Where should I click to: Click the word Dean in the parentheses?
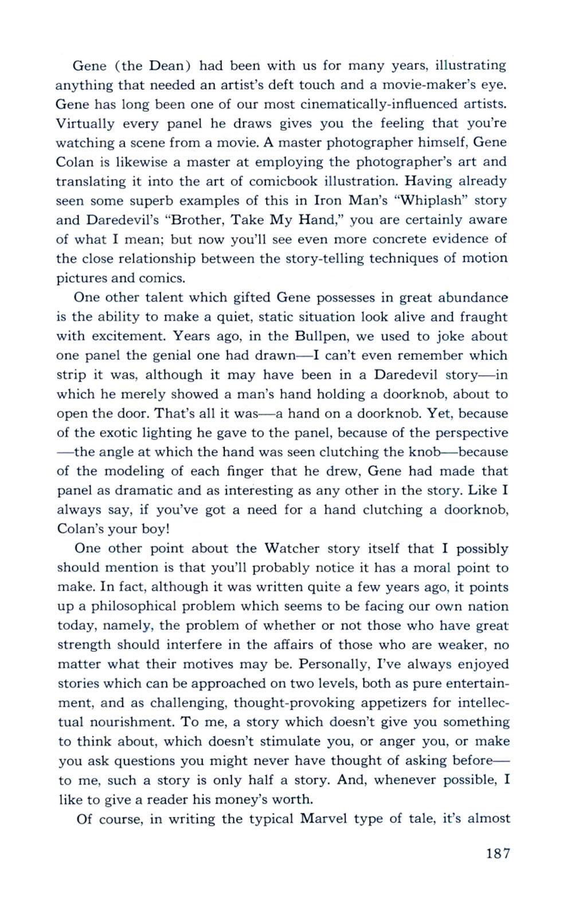[x=166, y=65]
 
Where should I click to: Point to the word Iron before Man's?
[x=328, y=201]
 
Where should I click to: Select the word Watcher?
[x=292, y=549]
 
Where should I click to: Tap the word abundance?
[x=473, y=297]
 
